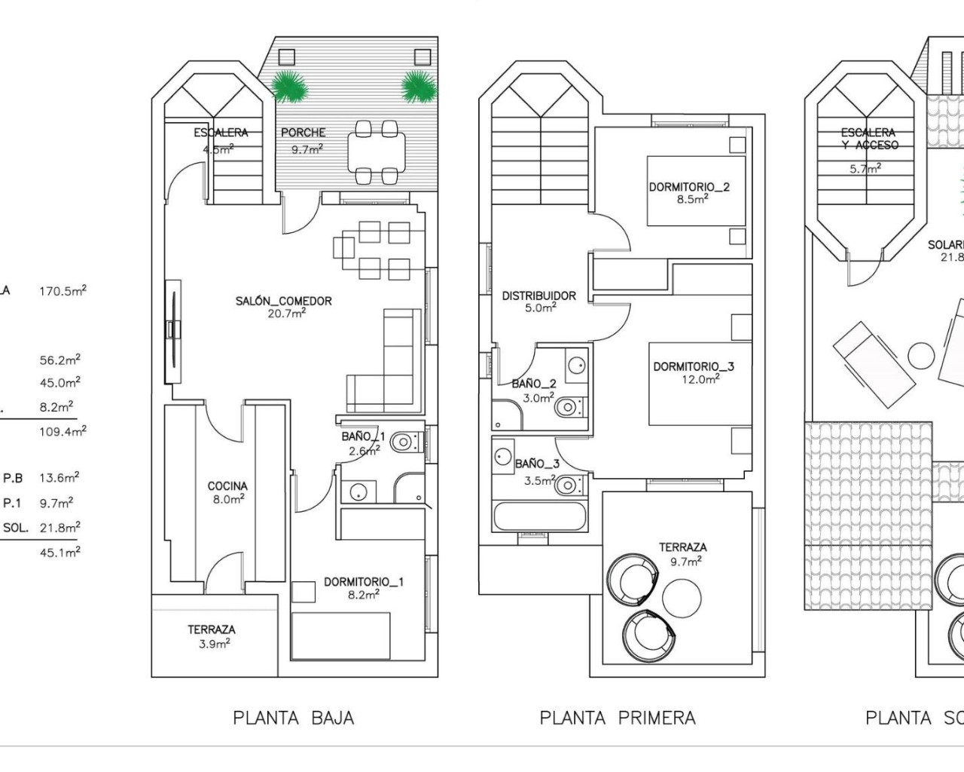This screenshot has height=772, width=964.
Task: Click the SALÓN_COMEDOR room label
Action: point(283,301)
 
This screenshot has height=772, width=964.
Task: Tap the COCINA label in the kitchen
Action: point(227,486)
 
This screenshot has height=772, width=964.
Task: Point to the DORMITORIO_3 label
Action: point(693,366)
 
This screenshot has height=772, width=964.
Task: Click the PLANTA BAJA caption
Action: point(293,718)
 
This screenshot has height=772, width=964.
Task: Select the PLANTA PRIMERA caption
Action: point(618,718)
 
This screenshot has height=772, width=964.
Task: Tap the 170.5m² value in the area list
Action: point(63,291)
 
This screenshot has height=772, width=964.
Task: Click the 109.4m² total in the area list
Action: point(63,431)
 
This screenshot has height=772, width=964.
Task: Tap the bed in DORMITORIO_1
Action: point(341,636)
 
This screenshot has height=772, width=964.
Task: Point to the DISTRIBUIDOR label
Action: point(538,296)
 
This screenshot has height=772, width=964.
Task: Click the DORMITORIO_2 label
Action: point(689,187)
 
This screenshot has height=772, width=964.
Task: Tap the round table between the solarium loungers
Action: point(920,354)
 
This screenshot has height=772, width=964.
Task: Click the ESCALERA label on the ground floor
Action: point(221,133)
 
